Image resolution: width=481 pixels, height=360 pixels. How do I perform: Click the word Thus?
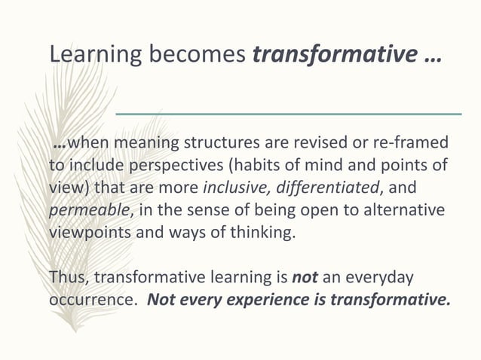pos(68,277)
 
